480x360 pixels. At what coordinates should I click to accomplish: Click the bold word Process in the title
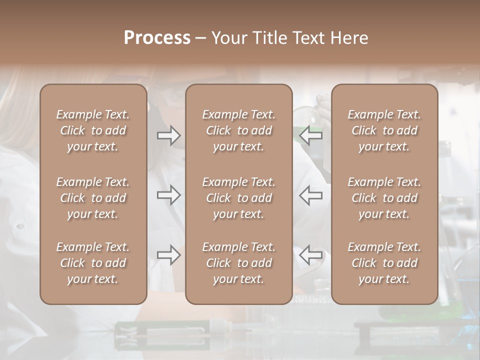157,38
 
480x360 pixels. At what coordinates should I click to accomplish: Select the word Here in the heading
348,38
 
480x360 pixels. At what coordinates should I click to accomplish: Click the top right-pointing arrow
169,135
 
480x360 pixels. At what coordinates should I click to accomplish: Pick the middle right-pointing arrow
169,195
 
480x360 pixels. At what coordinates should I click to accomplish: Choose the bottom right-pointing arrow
169,255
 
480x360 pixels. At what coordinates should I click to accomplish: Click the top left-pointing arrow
311,135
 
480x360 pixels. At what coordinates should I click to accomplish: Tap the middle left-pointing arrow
311,195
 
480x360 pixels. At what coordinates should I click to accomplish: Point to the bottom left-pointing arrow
311,255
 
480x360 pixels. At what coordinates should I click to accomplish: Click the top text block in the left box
93,130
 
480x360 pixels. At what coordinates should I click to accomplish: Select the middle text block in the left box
93,198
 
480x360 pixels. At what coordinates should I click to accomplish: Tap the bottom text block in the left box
93,263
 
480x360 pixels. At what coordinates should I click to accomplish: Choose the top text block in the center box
239,130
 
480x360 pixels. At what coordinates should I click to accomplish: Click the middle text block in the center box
239,198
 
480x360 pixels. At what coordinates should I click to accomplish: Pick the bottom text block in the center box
239,263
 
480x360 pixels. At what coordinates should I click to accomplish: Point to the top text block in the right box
384,130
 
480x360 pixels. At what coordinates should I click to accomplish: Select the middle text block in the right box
384,198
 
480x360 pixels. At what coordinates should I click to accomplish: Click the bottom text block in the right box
384,263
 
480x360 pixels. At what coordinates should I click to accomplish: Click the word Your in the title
228,38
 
